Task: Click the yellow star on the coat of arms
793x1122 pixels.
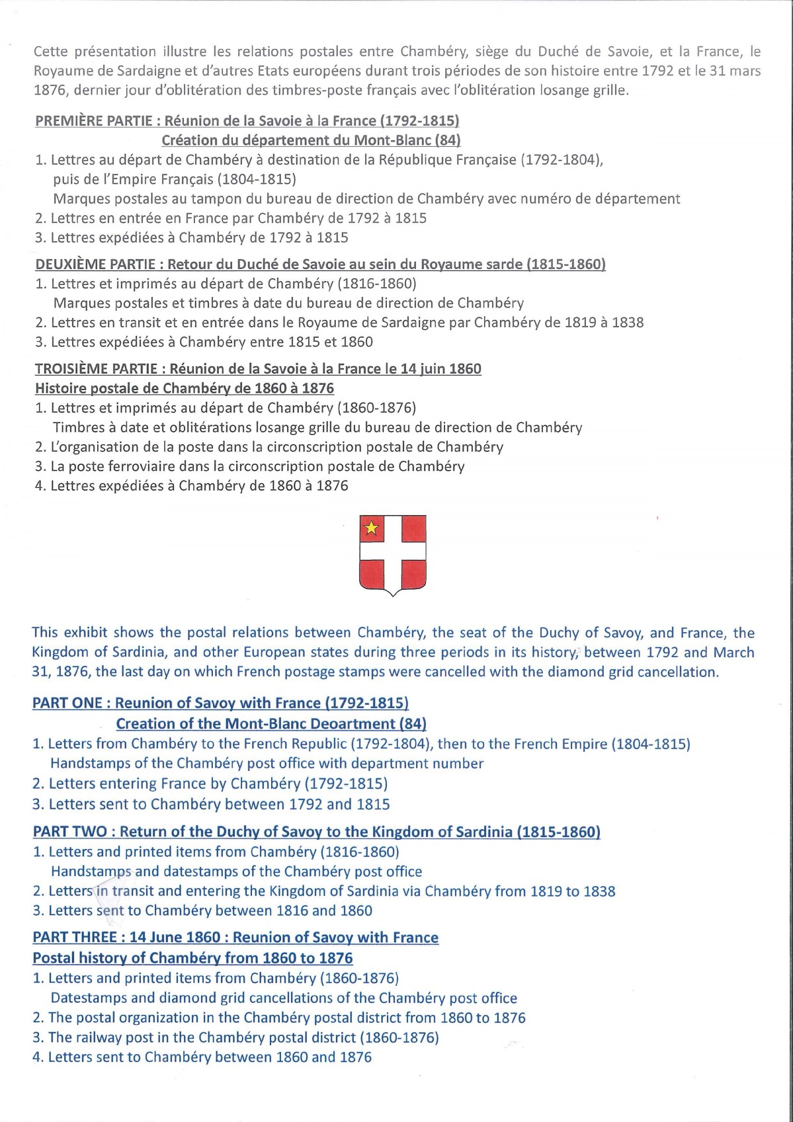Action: [x=372, y=528]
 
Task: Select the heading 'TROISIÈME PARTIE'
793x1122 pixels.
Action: [x=97, y=369]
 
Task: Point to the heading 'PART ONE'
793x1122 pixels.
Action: [x=67, y=703]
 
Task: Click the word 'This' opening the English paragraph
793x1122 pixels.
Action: [x=45, y=633]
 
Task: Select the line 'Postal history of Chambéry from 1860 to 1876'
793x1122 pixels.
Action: [x=192, y=958]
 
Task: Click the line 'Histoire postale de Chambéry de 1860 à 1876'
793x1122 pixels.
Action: [x=185, y=388]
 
